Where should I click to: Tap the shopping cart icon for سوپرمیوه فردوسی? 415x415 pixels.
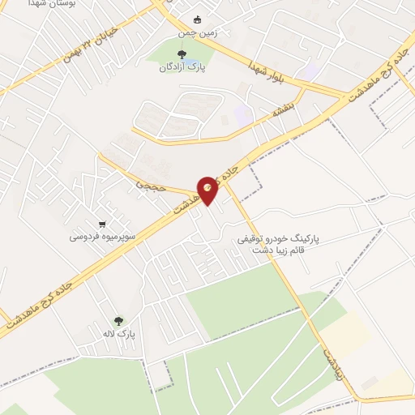(x=101, y=225)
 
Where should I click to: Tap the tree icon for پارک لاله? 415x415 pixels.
(x=119, y=321)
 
